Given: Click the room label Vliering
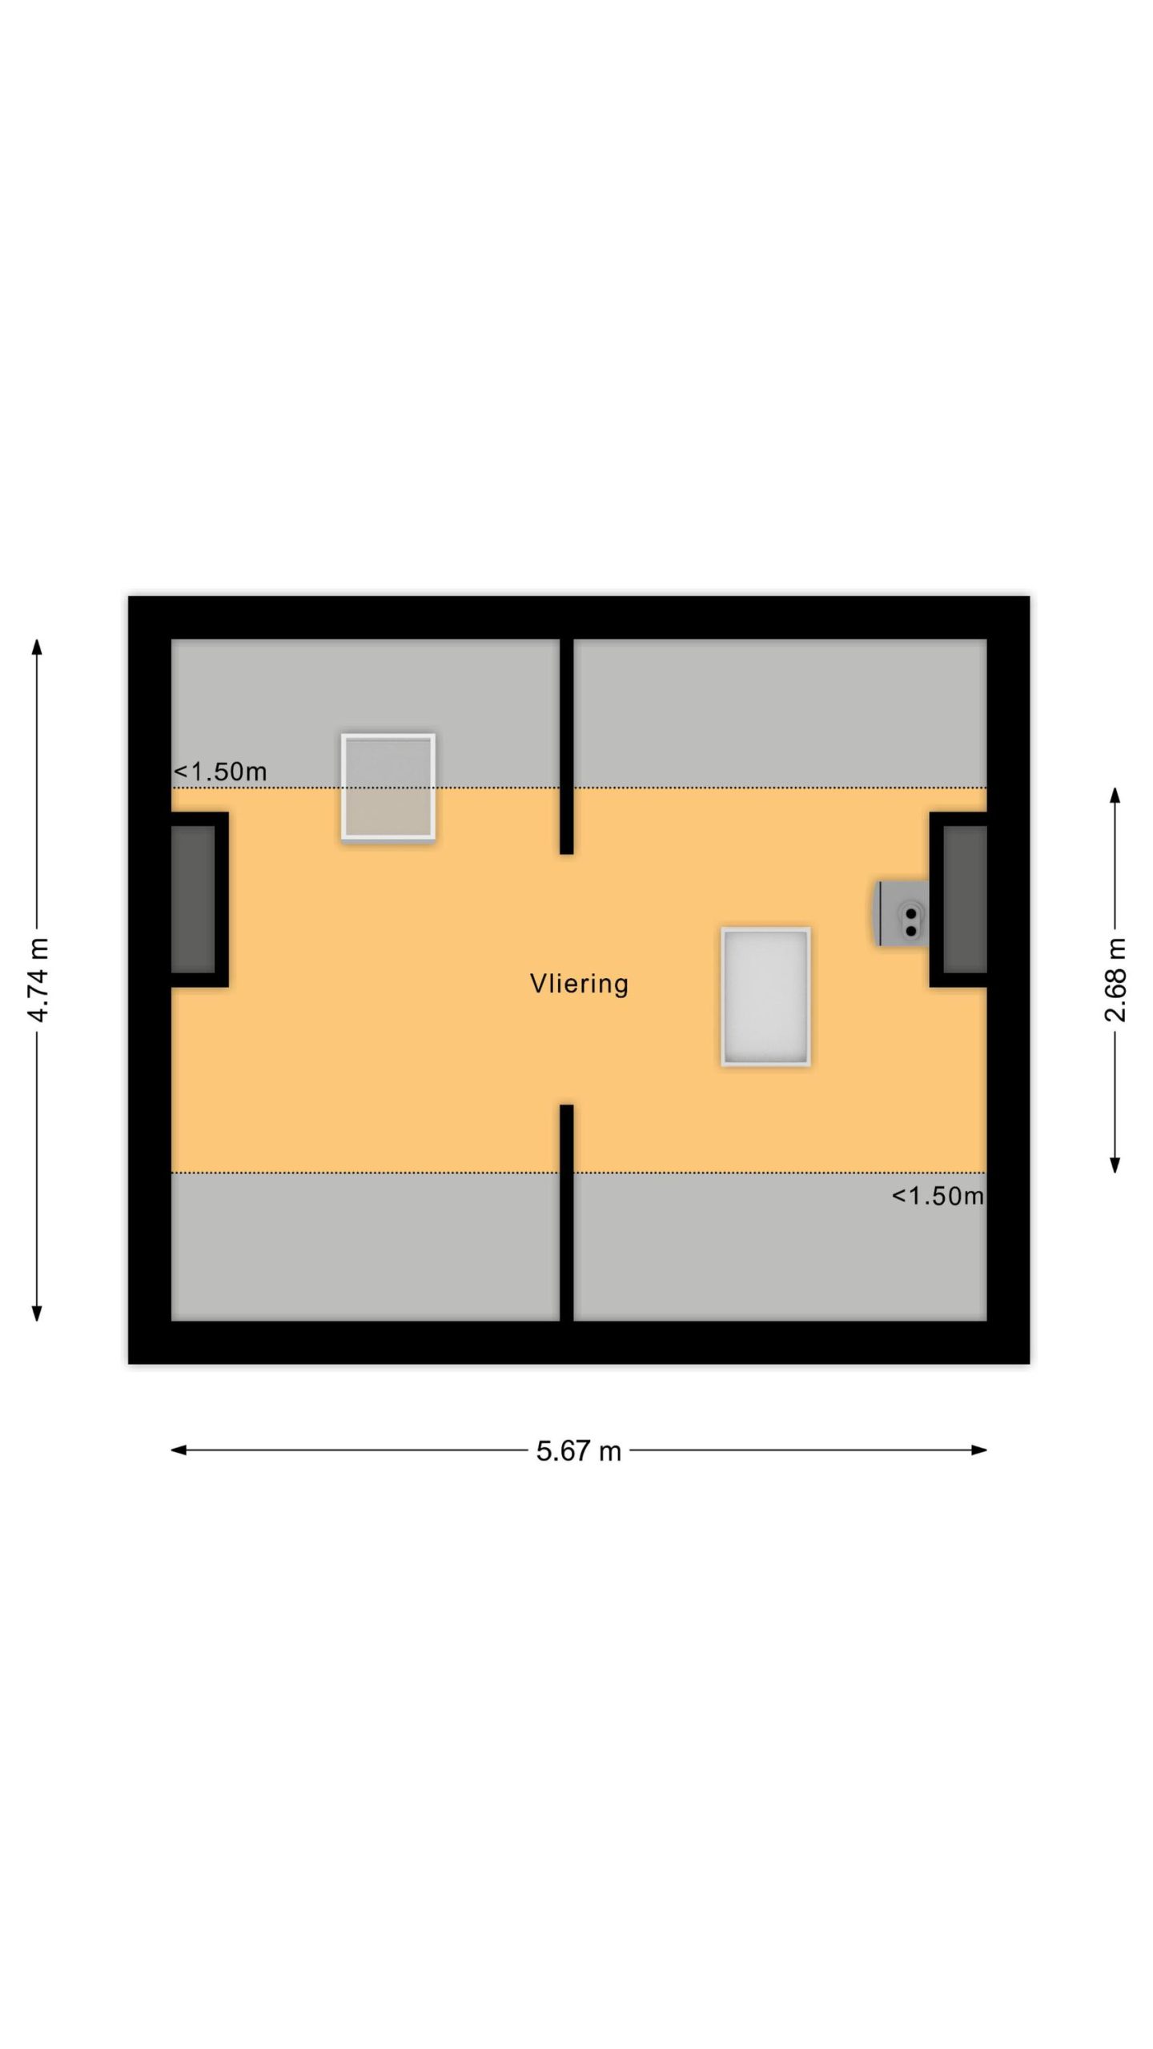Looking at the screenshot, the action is [579, 984].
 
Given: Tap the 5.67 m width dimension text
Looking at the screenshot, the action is [579, 1450].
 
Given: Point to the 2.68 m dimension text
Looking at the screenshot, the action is [1115, 980].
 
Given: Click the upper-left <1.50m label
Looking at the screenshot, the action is [220, 772].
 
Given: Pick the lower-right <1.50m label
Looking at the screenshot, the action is [938, 1196].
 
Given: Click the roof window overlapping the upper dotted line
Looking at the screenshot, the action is [388, 787].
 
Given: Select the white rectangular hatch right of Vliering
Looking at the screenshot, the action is [766, 996].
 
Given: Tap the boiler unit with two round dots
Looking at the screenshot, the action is [903, 913].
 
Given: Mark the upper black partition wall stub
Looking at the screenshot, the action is [567, 746].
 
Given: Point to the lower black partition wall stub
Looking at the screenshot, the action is [567, 1213].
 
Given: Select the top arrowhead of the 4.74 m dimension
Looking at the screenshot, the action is [37, 647].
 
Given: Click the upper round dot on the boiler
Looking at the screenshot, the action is [910, 913].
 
